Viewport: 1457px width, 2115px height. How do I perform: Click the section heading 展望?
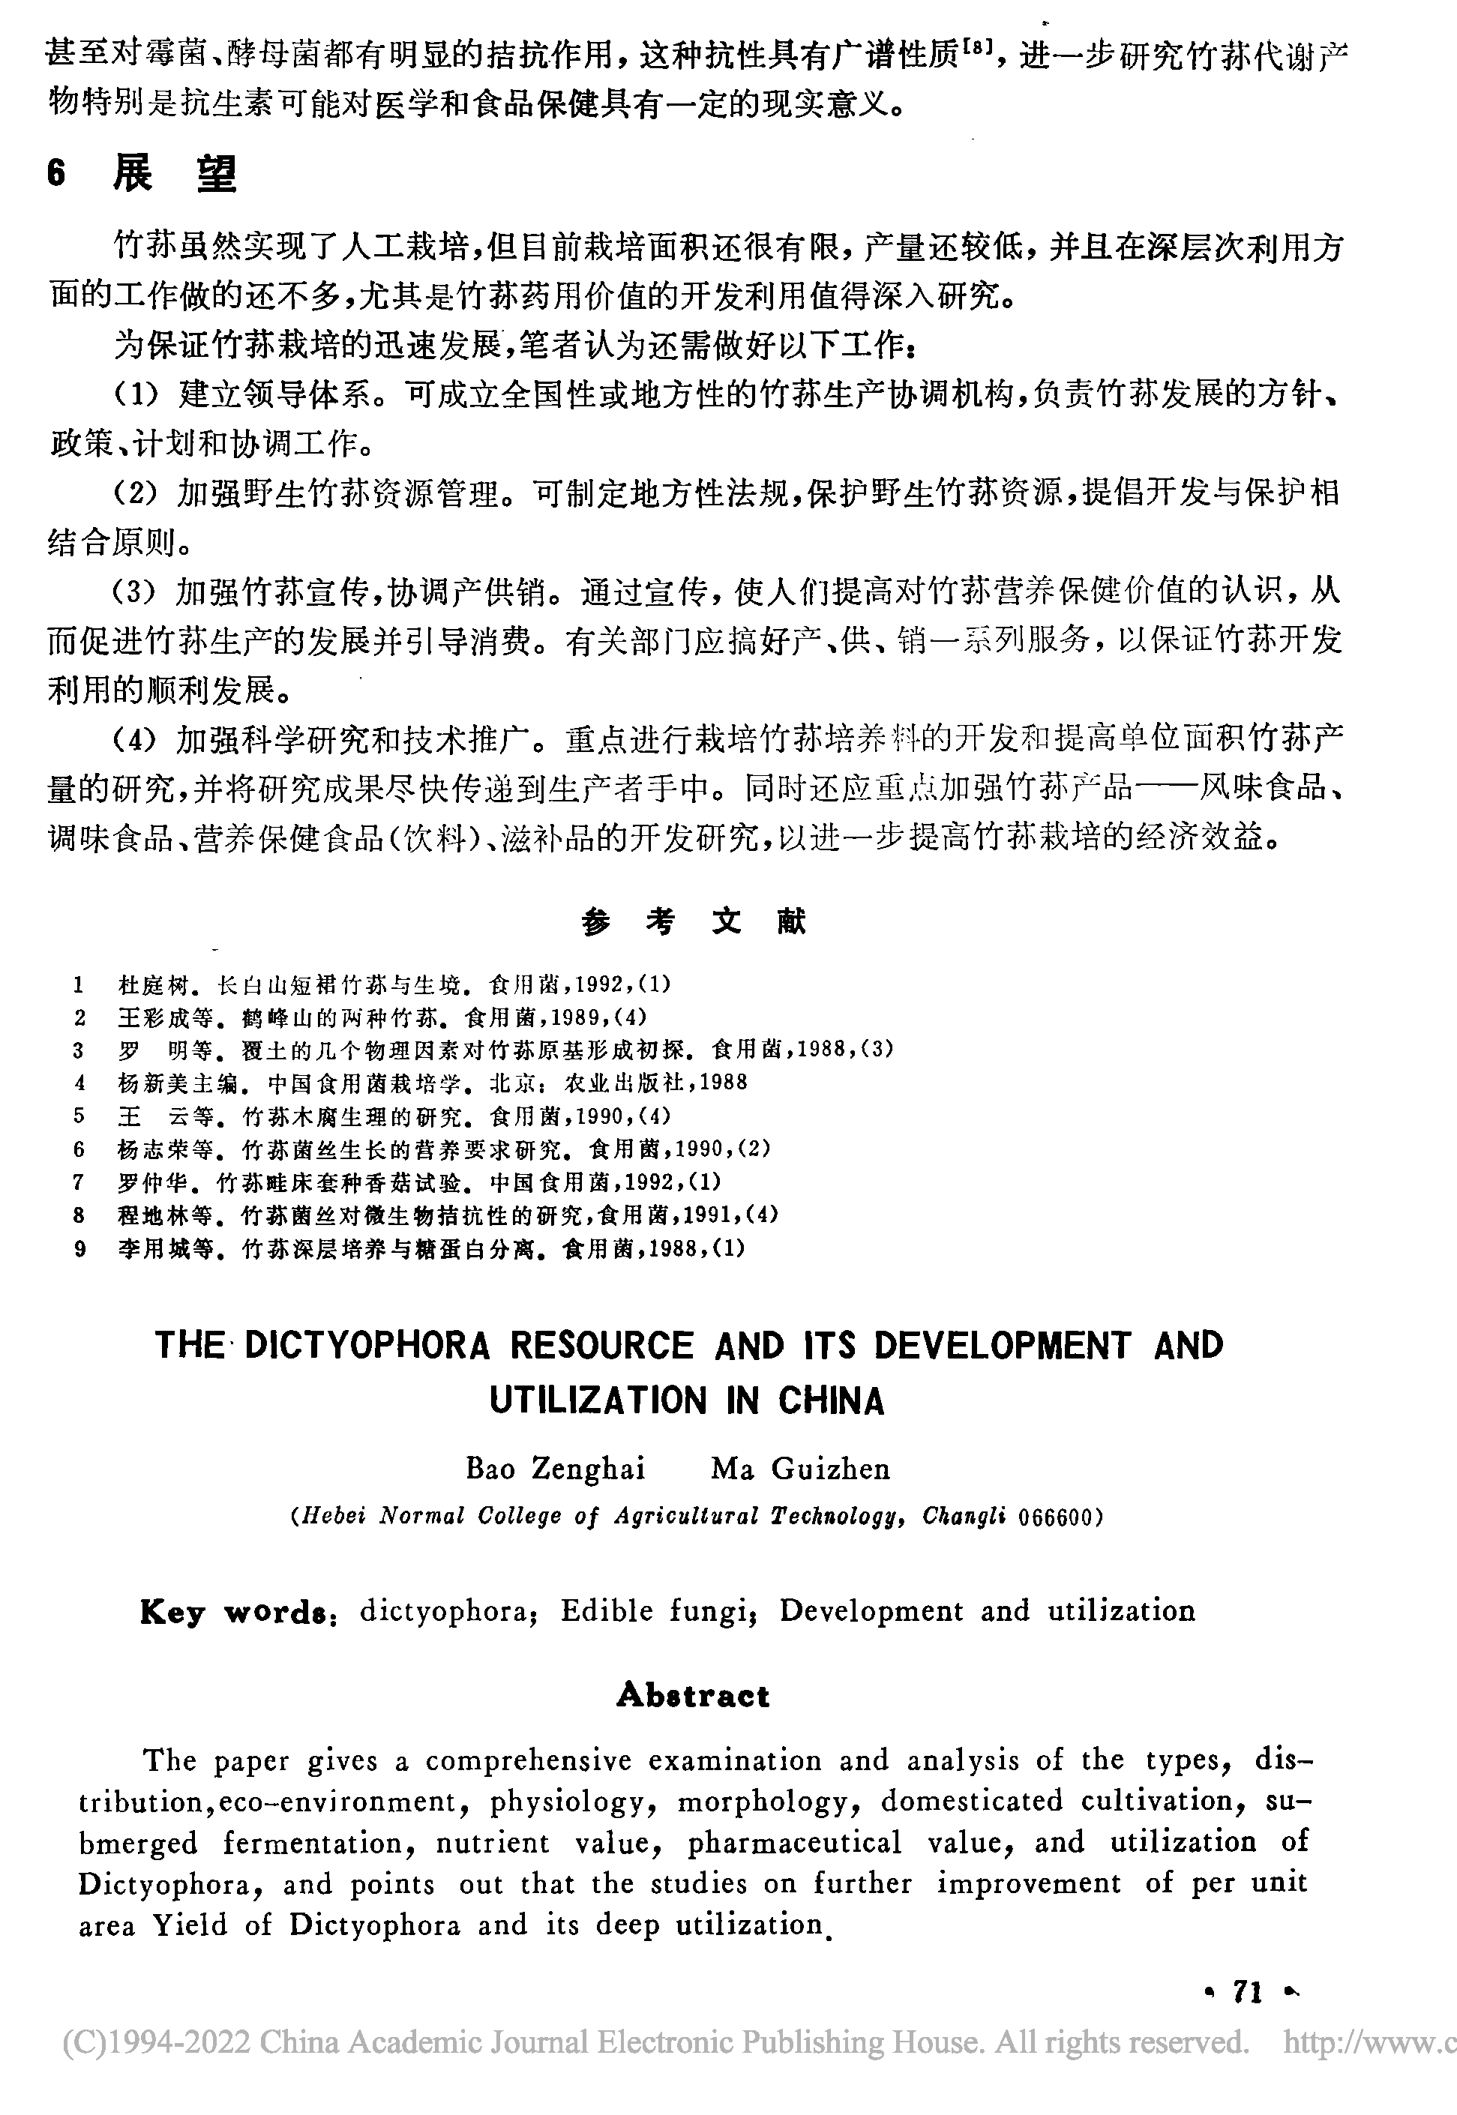175,173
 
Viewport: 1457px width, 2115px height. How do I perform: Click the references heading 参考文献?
694,922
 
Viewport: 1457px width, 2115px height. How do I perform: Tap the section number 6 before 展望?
56,173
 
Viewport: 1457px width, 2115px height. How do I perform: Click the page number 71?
1247,2017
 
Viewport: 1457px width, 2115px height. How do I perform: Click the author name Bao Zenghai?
555,1469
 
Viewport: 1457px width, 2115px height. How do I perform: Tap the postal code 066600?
1054,1517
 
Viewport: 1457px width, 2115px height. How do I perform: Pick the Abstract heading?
694,1696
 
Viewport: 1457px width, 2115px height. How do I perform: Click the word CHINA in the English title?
831,1401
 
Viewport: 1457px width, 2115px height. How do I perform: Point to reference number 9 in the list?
79,1249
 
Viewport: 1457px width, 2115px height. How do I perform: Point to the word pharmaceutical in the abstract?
794,1842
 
